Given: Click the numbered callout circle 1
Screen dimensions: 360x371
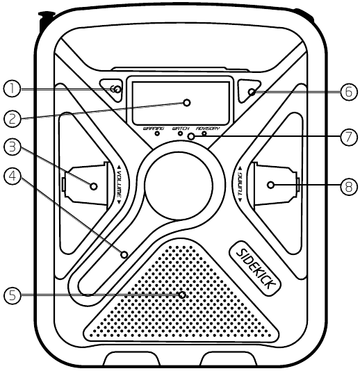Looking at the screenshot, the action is pos(12,89).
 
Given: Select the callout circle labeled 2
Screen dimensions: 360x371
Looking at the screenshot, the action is pos(13,118).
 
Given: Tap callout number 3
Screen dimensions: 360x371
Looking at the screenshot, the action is pos(13,147).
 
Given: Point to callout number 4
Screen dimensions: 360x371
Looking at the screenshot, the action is pos(13,176).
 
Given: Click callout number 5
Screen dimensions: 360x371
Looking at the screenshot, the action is pos(13,295).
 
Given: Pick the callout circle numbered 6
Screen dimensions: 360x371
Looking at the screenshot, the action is pos(349,92).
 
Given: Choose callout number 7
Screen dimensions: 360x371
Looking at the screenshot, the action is pos(349,137).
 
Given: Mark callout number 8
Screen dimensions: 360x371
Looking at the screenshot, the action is pos(349,186).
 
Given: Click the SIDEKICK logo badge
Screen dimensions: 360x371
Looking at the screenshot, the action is pos(255,268).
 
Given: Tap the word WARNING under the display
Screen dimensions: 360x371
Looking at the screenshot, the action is pos(154,129).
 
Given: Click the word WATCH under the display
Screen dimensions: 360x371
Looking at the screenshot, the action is pos(181,129).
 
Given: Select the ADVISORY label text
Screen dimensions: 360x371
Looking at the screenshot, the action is pos(208,129).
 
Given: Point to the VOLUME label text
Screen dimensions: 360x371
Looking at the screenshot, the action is pos(119,184).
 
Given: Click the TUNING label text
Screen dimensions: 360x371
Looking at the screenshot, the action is pos(240,184).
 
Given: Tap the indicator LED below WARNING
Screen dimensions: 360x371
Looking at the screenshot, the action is pos(157,133).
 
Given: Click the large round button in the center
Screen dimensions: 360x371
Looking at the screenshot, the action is pos(179,186).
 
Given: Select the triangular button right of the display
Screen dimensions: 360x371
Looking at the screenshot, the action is pos(249,91).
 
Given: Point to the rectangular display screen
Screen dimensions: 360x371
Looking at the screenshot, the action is pos(181,103).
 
